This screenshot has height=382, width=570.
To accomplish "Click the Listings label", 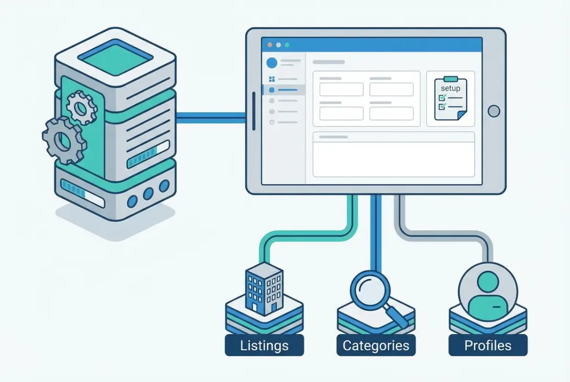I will click(x=264, y=345).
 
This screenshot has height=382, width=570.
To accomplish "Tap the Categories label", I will click(x=376, y=345).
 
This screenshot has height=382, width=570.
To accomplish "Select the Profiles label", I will click(x=488, y=345).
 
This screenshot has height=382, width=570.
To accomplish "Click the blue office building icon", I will click(x=263, y=286).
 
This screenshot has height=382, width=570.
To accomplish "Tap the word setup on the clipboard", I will click(x=450, y=89).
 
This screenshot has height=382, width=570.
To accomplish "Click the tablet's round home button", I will click(x=493, y=111).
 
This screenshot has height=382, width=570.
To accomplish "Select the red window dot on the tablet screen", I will click(x=270, y=45).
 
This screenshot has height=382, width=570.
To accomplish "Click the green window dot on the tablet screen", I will click(x=287, y=45).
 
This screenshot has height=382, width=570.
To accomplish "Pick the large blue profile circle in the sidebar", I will click(x=272, y=63).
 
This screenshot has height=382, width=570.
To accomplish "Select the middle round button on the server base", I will click(x=148, y=193).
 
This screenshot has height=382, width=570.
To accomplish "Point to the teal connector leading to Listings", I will click(x=306, y=233).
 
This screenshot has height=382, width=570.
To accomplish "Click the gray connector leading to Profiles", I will click(x=445, y=233).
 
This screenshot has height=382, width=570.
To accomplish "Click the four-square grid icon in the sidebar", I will click(x=272, y=79).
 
